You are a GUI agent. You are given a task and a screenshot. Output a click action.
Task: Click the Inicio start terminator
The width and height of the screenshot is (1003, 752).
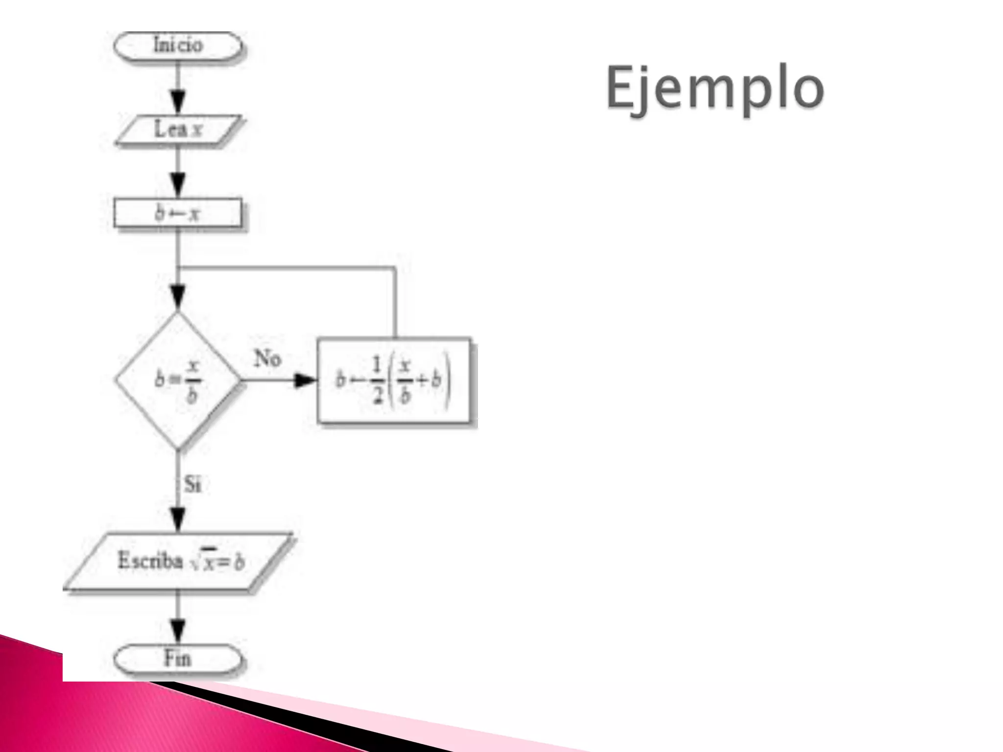[178, 46]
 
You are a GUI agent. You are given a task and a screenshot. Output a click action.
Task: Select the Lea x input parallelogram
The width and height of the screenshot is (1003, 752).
[178, 130]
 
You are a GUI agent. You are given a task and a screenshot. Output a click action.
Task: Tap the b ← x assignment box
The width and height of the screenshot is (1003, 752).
[178, 213]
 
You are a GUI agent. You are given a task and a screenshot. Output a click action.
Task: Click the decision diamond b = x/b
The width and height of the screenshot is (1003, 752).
[178, 380]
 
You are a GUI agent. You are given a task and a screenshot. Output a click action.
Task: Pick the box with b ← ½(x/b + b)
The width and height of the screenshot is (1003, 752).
[394, 380]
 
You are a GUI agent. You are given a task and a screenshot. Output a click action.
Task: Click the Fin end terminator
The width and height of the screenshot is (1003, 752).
[178, 659]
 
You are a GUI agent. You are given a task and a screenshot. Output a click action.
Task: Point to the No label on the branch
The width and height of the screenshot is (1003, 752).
[267, 359]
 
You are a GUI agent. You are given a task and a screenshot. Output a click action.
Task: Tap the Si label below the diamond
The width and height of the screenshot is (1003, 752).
[192, 485]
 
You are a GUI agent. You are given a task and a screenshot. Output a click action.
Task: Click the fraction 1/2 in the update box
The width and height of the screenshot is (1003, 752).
[376, 380]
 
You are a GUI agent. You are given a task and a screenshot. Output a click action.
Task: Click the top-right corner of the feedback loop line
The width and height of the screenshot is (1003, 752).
[395, 268]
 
